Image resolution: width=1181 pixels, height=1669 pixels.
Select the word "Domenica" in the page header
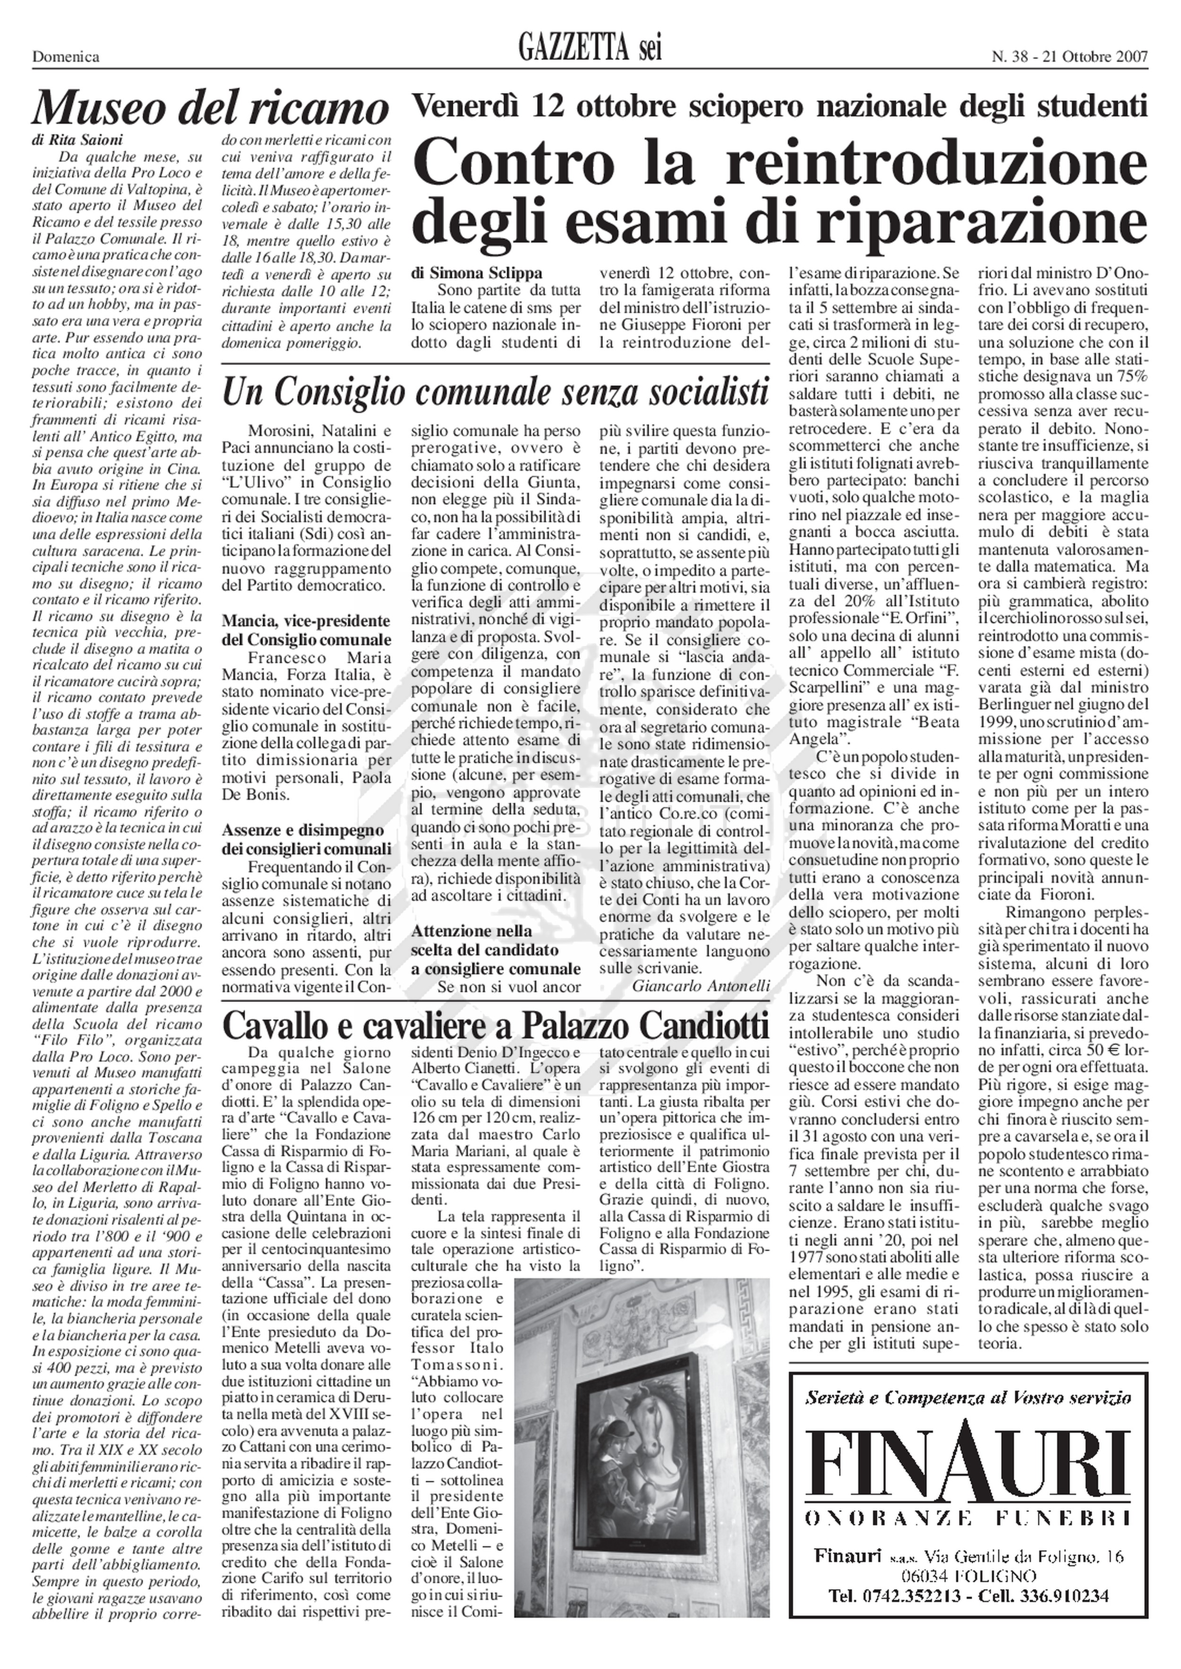tap(66, 57)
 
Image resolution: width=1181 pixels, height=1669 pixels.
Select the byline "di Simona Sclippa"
tap(476, 273)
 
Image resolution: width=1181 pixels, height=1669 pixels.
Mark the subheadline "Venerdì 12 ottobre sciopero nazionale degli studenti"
tap(779, 108)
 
